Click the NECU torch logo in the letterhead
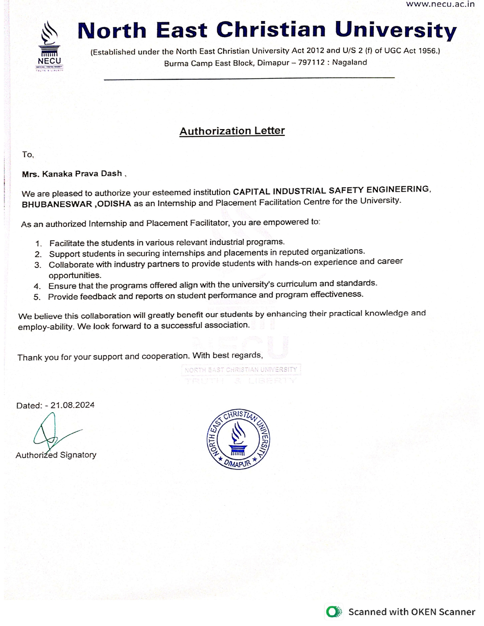click(x=49, y=45)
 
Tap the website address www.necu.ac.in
click(x=440, y=4)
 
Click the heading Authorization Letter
click(x=232, y=131)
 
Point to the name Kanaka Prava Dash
click(x=82, y=174)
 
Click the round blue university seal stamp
click(x=238, y=439)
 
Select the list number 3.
click(x=38, y=265)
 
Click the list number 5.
click(x=37, y=297)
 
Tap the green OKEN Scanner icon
click(x=334, y=612)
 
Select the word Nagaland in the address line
click(x=349, y=63)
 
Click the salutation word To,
click(x=28, y=155)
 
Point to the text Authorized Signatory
click(x=56, y=455)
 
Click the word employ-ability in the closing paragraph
click(x=46, y=327)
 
